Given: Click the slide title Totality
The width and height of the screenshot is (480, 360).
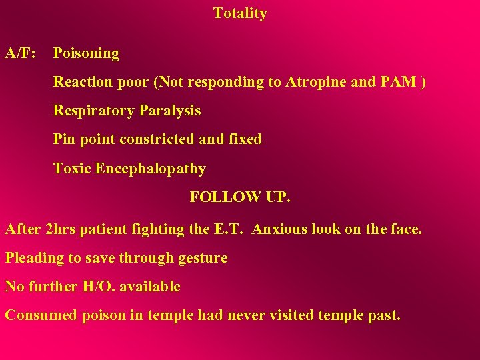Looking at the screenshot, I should pyautogui.click(x=240, y=13).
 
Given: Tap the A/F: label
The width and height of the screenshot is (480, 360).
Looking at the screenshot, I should pyautogui.click(x=21, y=53).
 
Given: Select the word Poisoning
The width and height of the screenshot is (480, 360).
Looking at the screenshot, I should pyautogui.click(x=86, y=53).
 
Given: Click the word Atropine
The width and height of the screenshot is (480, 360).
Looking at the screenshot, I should pyautogui.click(x=315, y=82).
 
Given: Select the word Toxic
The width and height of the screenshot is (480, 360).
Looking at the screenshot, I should pyautogui.click(x=72, y=169).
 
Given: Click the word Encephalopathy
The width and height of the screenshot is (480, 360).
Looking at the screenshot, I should pyautogui.click(x=150, y=169).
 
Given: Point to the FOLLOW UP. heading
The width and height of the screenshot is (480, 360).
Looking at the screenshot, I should pyautogui.click(x=240, y=197).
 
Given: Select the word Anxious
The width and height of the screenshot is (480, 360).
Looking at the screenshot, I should pyautogui.click(x=281, y=229).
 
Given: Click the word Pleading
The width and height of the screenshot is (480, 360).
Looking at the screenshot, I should pyautogui.click(x=31, y=258).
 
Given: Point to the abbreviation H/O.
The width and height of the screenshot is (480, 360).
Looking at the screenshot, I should pyautogui.click(x=97, y=287).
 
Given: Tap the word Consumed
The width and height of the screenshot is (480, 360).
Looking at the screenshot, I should pyautogui.click(x=41, y=315).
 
